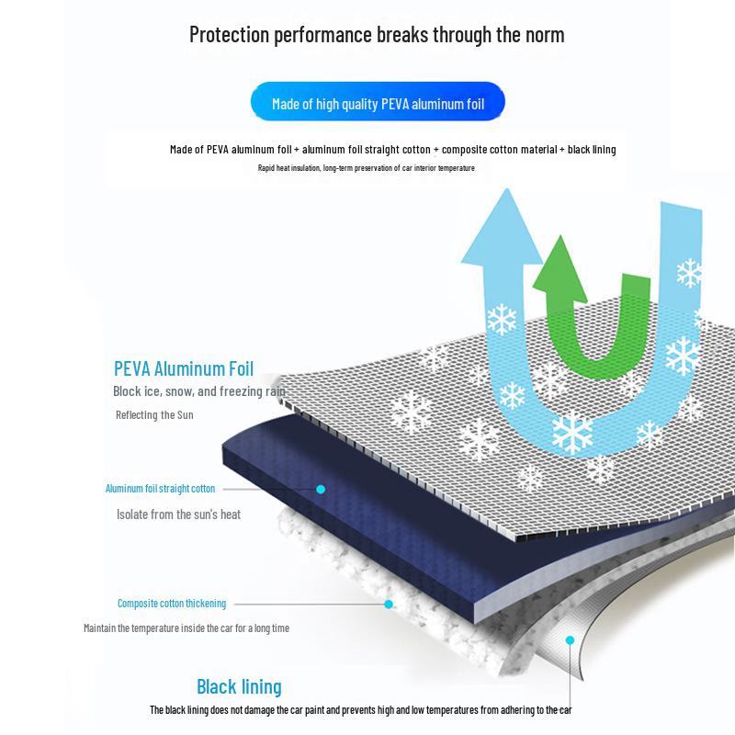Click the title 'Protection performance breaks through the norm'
377,35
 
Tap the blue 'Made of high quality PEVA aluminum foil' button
378,104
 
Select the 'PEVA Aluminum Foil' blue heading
184,369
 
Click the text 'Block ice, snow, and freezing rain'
199,391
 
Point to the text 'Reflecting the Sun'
154,415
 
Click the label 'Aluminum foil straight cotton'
160,489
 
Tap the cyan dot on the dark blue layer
321,489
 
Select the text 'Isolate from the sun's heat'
178,514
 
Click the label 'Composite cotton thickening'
172,604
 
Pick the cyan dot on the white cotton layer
389,604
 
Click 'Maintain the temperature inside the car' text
187,628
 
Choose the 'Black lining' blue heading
239,686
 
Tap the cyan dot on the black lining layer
570,639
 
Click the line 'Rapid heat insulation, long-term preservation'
367,168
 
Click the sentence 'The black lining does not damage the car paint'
361,710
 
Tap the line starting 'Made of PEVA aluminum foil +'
392,150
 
